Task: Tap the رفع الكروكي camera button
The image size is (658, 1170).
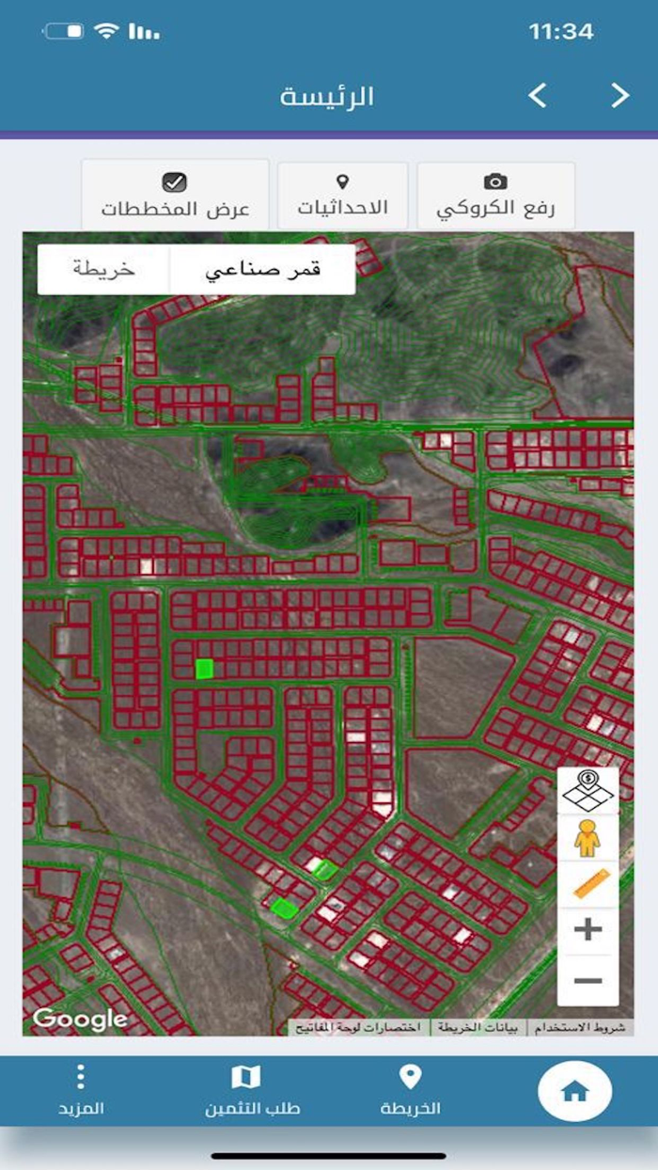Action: [495, 195]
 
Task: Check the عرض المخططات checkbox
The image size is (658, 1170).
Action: [175, 182]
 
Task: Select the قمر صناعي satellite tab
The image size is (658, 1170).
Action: [262, 270]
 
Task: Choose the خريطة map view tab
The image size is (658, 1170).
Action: [103, 270]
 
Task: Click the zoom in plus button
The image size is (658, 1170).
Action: [587, 930]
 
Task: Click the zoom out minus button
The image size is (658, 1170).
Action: [587, 981]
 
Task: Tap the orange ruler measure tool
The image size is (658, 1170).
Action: [589, 884]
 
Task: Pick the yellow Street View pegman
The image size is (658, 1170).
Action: [587, 837]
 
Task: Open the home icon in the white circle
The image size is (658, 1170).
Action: [574, 1092]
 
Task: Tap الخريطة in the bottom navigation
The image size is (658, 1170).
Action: [411, 1091]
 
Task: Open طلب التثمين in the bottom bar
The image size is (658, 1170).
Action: [246, 1091]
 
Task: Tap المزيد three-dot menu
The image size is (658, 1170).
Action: [81, 1091]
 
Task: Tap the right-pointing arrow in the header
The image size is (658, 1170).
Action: [619, 95]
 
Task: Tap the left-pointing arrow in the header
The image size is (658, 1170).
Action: [538, 95]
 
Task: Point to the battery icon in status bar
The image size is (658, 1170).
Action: [65, 32]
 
